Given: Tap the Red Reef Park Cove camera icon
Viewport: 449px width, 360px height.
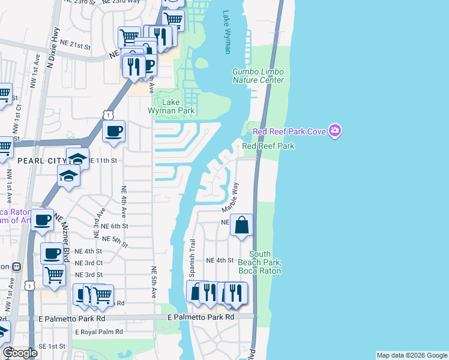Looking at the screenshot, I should [336, 131].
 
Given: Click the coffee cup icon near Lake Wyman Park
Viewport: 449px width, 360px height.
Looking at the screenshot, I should [113, 131].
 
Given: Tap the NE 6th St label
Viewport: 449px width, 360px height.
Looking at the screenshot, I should [115, 226].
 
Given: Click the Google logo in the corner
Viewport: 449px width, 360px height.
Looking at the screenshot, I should [19, 353].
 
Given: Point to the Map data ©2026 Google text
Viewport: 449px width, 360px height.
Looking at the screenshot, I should [411, 355].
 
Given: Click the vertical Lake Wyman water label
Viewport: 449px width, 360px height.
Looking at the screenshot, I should [227, 32].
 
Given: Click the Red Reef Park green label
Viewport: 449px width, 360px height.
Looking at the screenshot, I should [268, 146].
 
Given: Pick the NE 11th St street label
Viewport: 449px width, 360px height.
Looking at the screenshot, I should [102, 161].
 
